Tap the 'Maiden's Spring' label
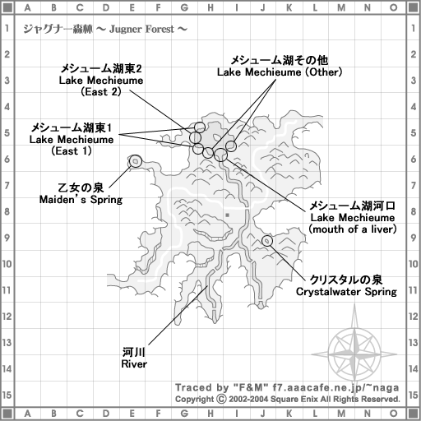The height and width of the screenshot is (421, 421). tap(81, 199)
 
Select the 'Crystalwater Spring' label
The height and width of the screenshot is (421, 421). tap(346, 292)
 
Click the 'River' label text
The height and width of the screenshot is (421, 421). tap(134, 364)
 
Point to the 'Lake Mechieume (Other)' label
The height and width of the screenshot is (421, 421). tap(280, 72)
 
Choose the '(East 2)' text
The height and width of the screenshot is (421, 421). tap(101, 92)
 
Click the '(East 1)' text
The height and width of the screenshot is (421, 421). tap(72, 151)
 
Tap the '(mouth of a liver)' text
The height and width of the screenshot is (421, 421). tap(353, 229)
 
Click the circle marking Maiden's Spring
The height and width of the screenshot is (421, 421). tap(136, 161)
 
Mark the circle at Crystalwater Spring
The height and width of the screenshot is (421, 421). tap(267, 241)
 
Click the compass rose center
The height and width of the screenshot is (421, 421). tap(354, 354)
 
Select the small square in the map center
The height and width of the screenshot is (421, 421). tap(227, 215)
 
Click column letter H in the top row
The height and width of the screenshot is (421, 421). tap(210, 7)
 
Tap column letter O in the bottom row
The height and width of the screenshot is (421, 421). tap(393, 413)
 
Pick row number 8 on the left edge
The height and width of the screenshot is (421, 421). tap(7, 211)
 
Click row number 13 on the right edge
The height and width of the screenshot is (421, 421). tap(413, 343)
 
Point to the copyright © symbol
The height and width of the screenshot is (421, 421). tap(221, 399)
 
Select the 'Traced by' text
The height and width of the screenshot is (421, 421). tap(202, 387)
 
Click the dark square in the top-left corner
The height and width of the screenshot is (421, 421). tap(7, 7)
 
